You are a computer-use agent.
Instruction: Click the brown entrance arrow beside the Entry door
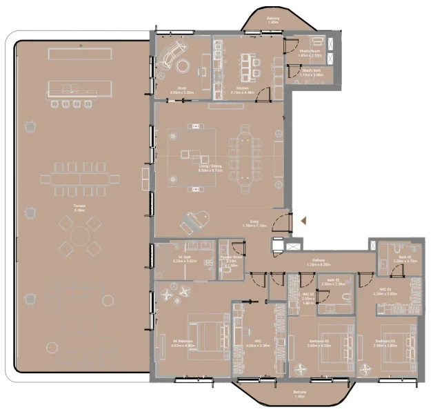(x=301, y=221)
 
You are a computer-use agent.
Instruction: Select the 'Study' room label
(x=181, y=88)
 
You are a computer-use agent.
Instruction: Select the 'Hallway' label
(x=318, y=261)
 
